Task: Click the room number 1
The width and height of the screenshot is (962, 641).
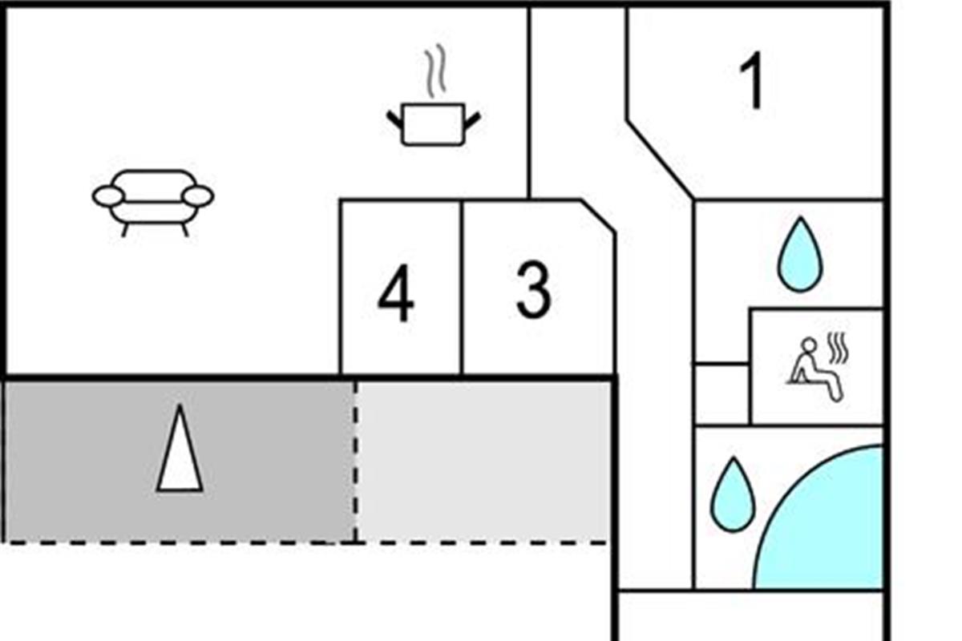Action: click(752, 83)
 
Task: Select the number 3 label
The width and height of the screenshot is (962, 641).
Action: click(533, 292)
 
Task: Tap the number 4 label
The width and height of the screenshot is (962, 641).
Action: click(396, 296)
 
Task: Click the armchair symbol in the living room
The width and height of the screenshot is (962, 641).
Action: click(153, 200)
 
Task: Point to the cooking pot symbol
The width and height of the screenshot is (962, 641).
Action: click(433, 124)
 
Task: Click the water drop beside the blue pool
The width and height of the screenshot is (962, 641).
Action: click(733, 494)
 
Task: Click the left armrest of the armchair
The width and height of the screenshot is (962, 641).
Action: click(107, 196)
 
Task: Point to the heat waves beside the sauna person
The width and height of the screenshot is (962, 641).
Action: click(838, 349)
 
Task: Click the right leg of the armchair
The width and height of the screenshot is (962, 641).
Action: click(184, 230)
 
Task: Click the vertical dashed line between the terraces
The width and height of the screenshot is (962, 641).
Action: click(355, 461)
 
